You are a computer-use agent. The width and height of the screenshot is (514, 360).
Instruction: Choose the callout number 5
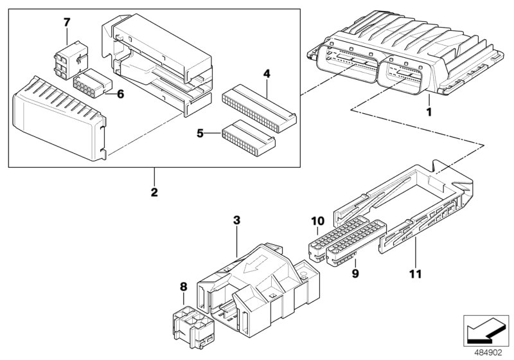[x=200, y=134]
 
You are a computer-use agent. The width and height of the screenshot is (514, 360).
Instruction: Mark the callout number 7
[x=66, y=22]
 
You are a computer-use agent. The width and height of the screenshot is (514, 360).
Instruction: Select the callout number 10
[x=317, y=221]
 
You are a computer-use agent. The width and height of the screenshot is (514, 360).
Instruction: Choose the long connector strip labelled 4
[x=257, y=107]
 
